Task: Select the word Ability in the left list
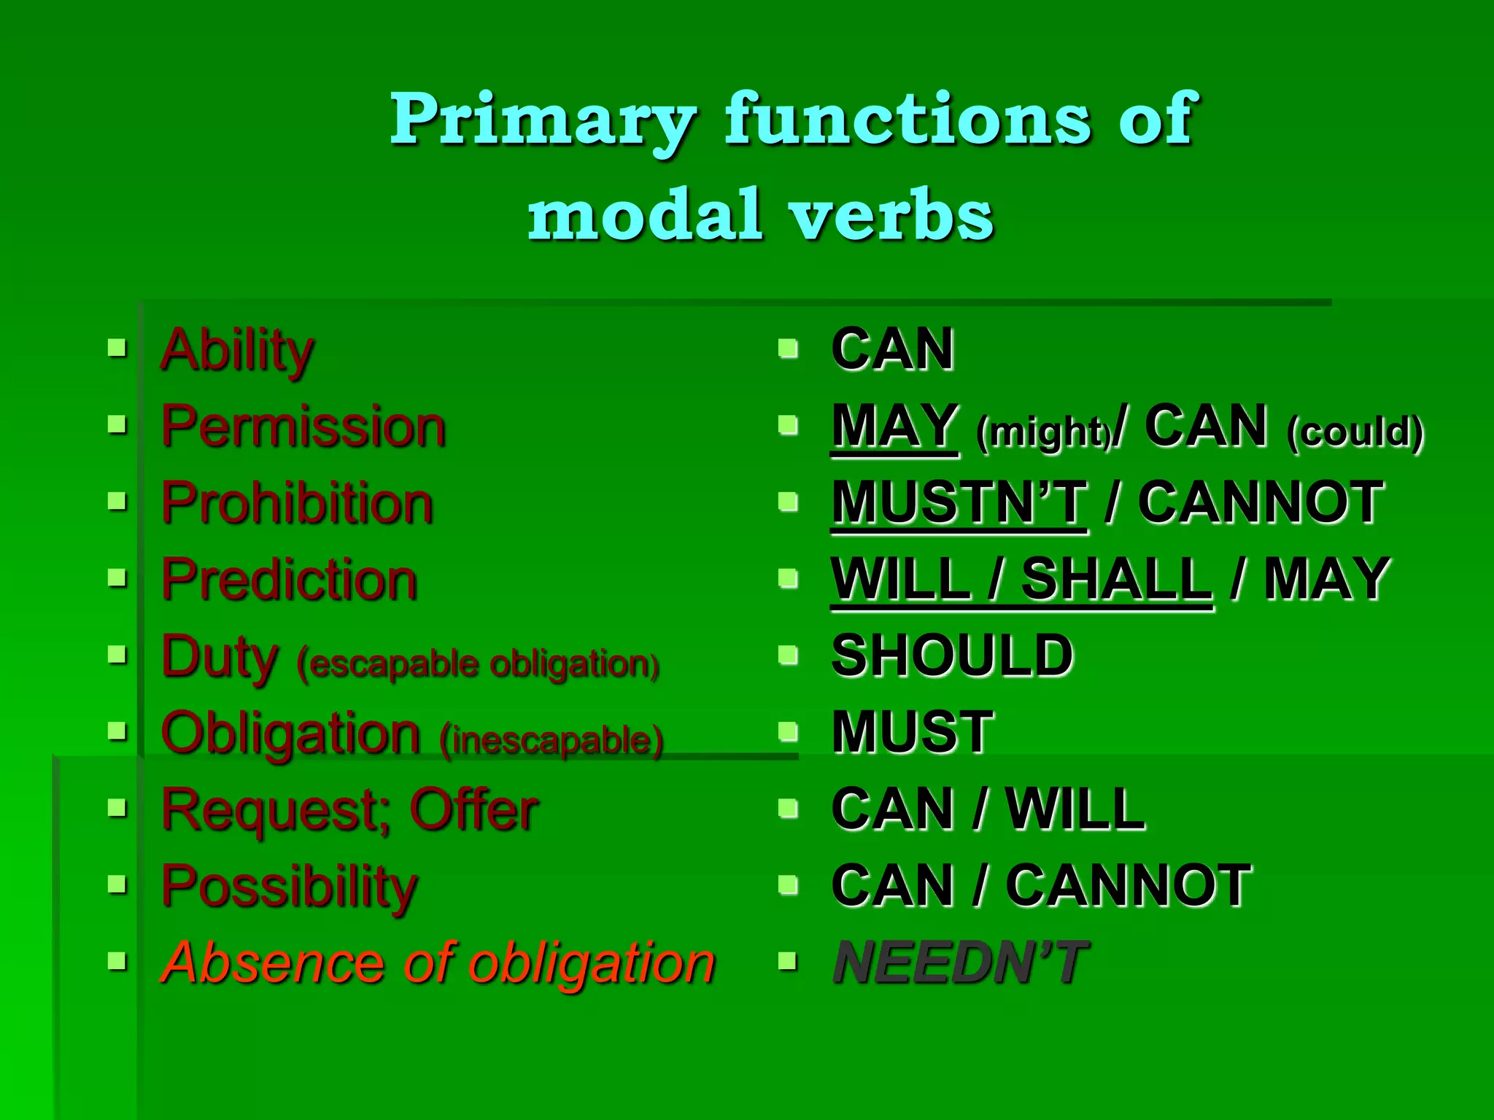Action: tap(237, 351)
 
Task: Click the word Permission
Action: tap(303, 427)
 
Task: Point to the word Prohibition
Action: tap(297, 504)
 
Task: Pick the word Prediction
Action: tap(289, 580)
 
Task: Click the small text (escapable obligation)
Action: tap(478, 664)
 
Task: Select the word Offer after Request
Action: tap(473, 810)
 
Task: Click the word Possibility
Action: tap(289, 887)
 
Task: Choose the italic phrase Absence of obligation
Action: tap(438, 964)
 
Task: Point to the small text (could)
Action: tap(1355, 432)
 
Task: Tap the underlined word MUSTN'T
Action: tap(959, 504)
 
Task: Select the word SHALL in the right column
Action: tap(1116, 580)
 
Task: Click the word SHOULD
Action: tap(952, 656)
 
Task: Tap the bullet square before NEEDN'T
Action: tap(787, 961)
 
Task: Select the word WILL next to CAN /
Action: tap(1075, 810)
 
